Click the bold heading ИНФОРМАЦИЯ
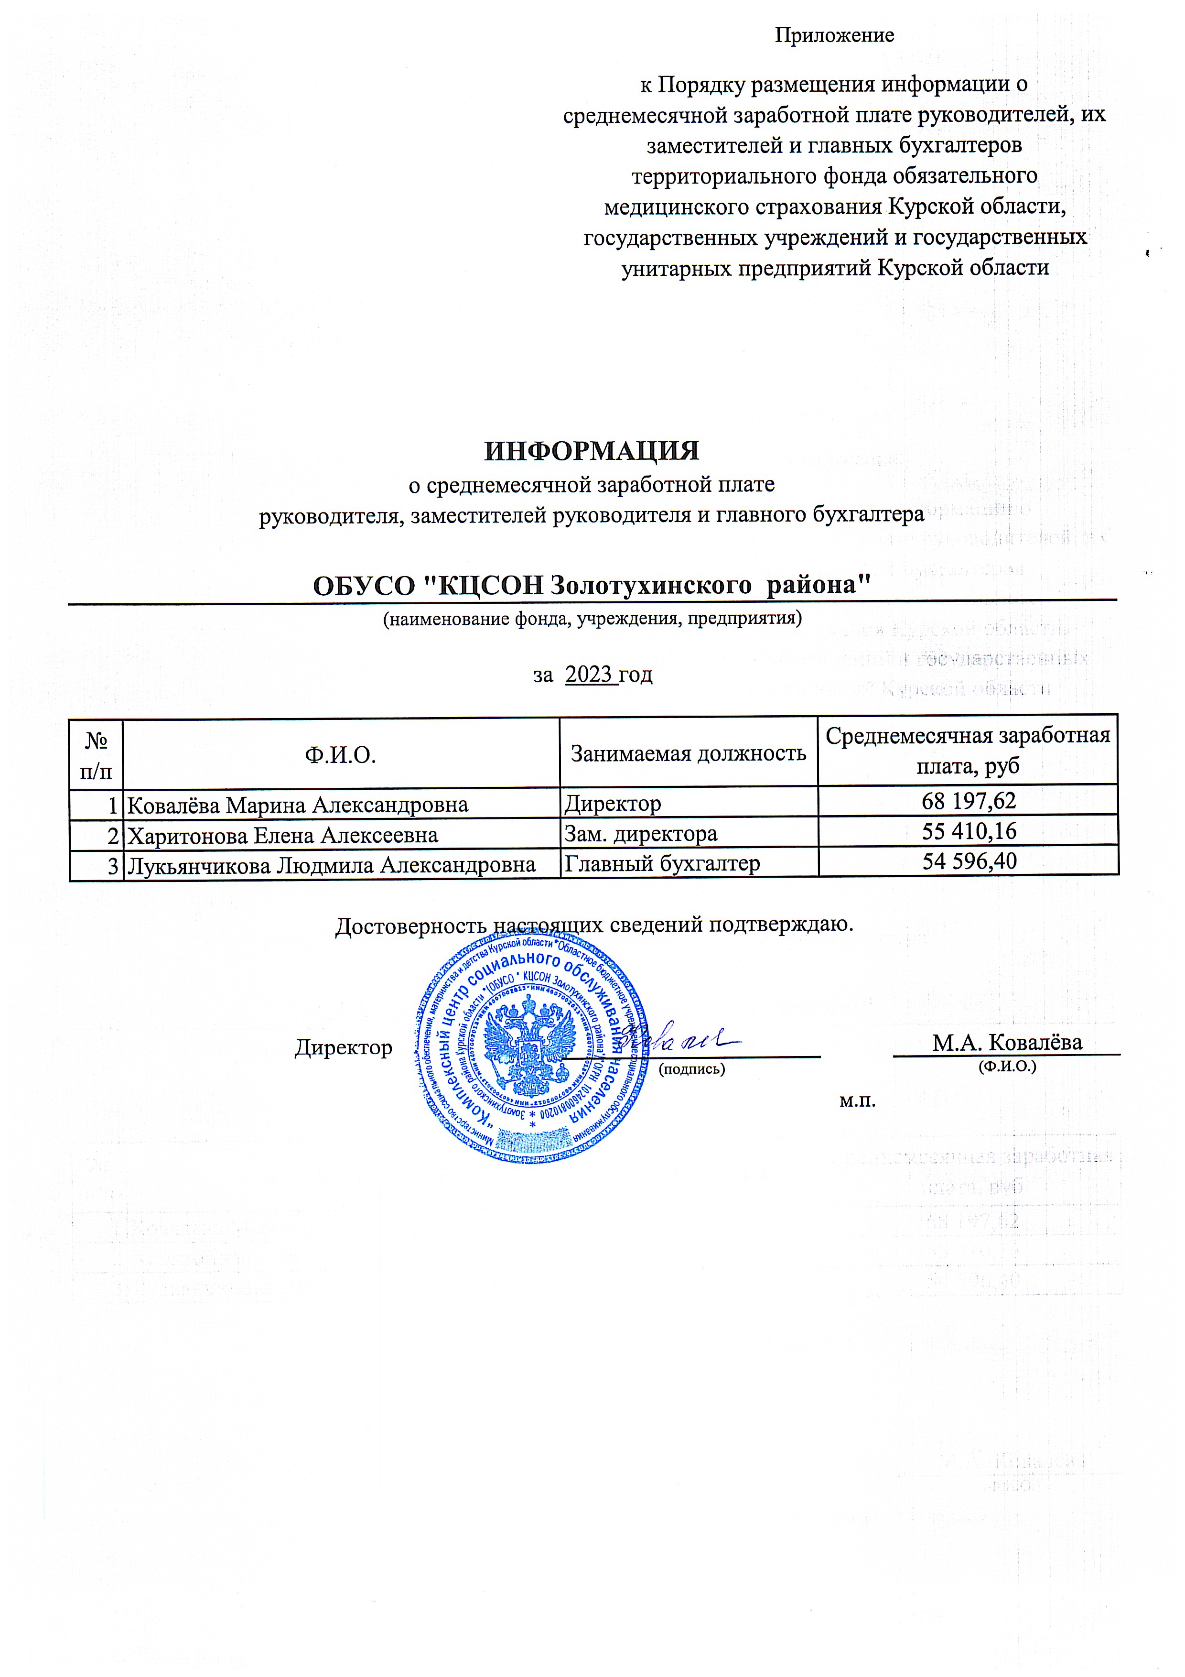(x=592, y=451)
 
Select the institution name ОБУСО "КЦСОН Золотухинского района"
(x=592, y=585)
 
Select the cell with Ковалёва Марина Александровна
(x=297, y=804)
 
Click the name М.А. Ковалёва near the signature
(x=1006, y=1042)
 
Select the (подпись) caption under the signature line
(x=691, y=1068)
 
